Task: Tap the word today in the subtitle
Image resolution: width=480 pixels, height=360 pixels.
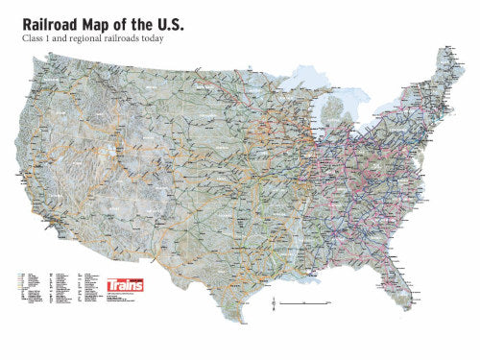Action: click(157, 38)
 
